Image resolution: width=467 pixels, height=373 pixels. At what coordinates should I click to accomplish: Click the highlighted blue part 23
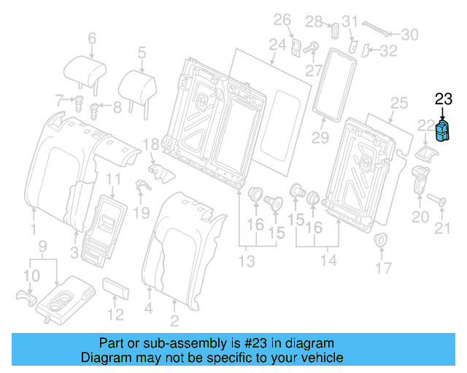pyautogui.click(x=443, y=130)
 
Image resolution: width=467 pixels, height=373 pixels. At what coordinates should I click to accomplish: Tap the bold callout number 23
pyautogui.click(x=444, y=101)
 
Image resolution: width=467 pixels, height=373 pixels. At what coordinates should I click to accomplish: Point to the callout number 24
pyautogui.click(x=277, y=45)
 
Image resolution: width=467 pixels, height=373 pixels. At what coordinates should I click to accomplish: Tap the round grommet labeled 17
pyautogui.click(x=380, y=242)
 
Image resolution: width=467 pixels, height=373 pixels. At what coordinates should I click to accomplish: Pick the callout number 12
pyautogui.click(x=115, y=315)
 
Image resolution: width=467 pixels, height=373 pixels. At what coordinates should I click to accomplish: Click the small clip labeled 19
pyautogui.click(x=141, y=187)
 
